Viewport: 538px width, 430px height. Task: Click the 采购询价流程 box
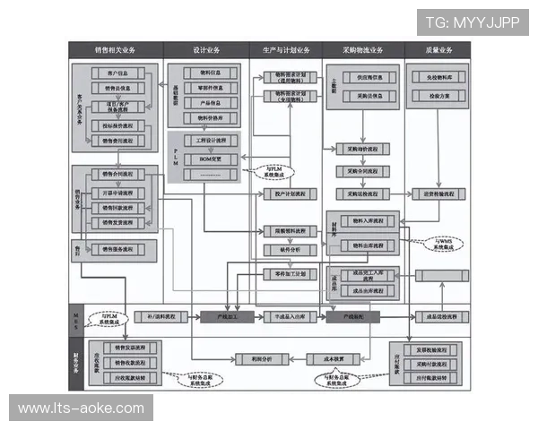(x=363, y=149)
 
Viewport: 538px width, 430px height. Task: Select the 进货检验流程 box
(x=439, y=193)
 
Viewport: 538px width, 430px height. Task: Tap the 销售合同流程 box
(x=118, y=174)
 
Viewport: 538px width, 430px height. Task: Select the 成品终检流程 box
(x=439, y=317)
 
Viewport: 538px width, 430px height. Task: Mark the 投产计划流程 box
(x=289, y=193)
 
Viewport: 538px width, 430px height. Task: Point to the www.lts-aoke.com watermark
(x=81, y=408)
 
